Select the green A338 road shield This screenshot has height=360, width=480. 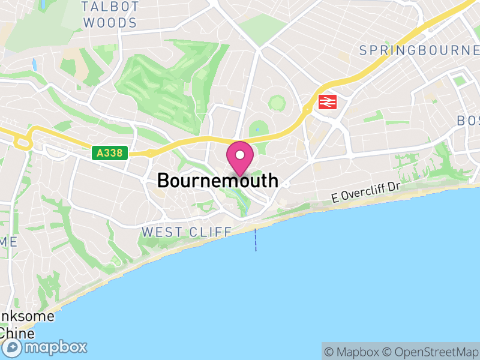(110, 153)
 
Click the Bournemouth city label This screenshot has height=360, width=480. (218, 180)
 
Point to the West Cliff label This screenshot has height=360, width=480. (186, 232)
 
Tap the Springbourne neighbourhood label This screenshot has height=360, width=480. (419, 50)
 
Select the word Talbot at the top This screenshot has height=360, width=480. (110, 7)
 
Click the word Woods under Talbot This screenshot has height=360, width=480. (110, 23)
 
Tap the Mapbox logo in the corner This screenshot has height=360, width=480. (46, 347)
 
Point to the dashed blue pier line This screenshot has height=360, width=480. (256, 239)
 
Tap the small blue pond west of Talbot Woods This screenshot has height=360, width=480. (34, 63)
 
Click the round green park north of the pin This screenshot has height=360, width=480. (277, 103)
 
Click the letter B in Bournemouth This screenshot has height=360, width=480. (164, 180)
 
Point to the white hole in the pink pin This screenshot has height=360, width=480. (240, 155)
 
